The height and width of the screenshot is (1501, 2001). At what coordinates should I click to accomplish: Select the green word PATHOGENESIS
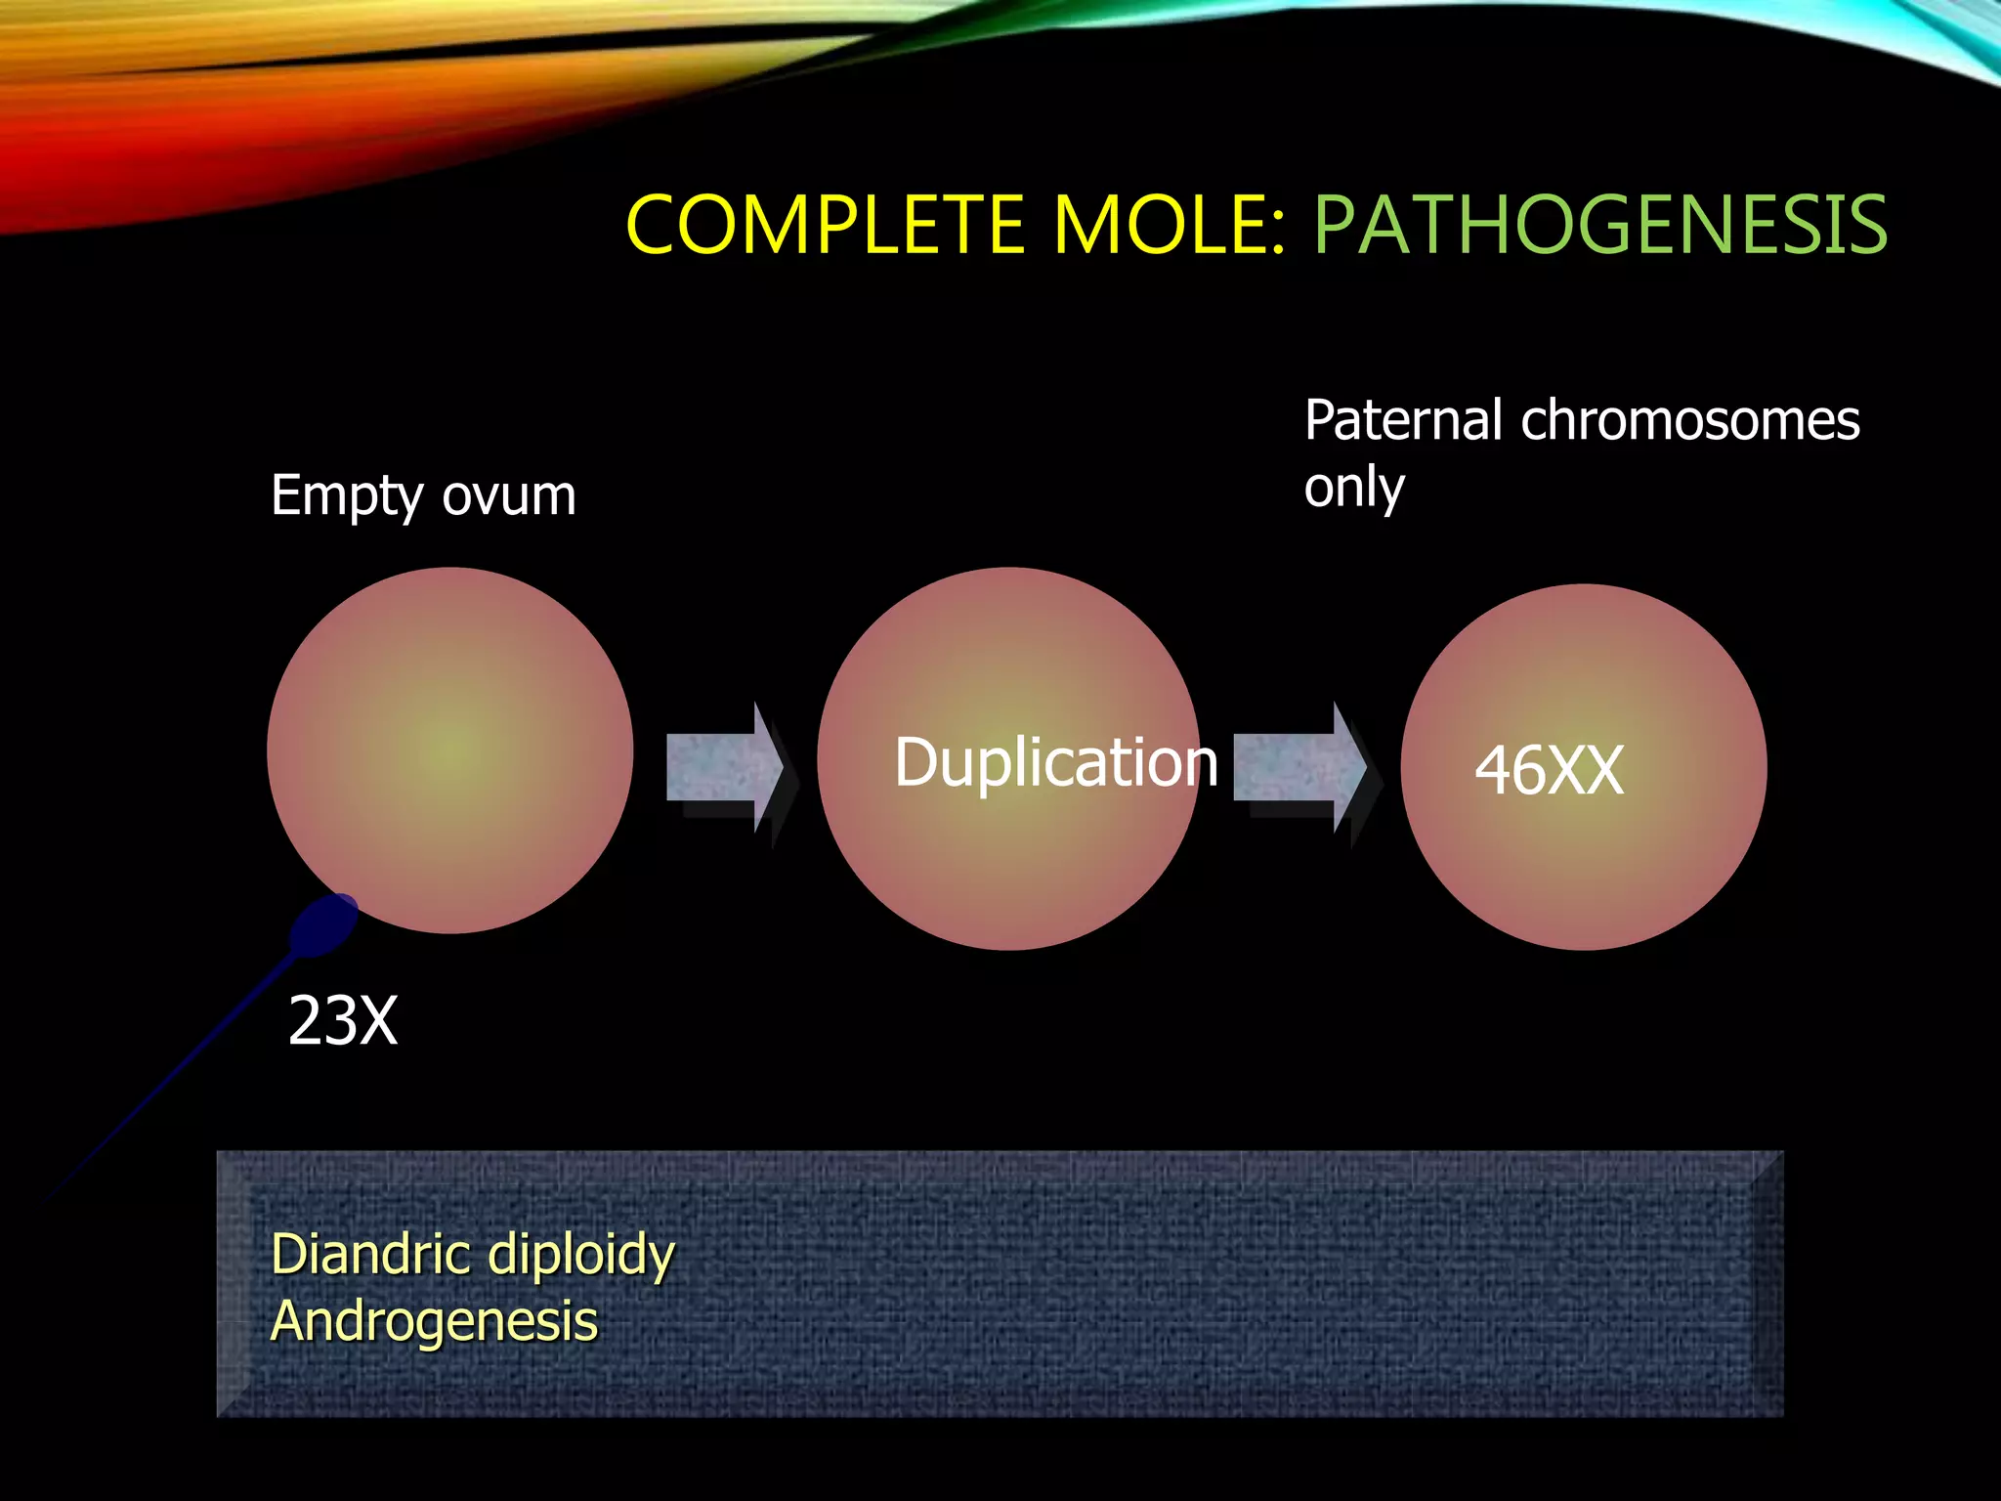point(1599,226)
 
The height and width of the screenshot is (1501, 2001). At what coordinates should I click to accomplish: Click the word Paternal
point(1403,421)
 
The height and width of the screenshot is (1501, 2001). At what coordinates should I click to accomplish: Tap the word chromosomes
point(1690,421)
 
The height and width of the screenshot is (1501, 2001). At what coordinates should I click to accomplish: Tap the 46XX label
point(1549,770)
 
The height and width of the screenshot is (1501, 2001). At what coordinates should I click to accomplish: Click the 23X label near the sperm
point(343,1022)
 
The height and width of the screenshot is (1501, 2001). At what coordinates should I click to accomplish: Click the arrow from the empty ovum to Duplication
point(724,767)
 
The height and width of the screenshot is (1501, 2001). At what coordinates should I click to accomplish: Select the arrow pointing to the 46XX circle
point(1299,767)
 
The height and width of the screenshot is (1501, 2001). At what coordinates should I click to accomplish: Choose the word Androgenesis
point(434,1322)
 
